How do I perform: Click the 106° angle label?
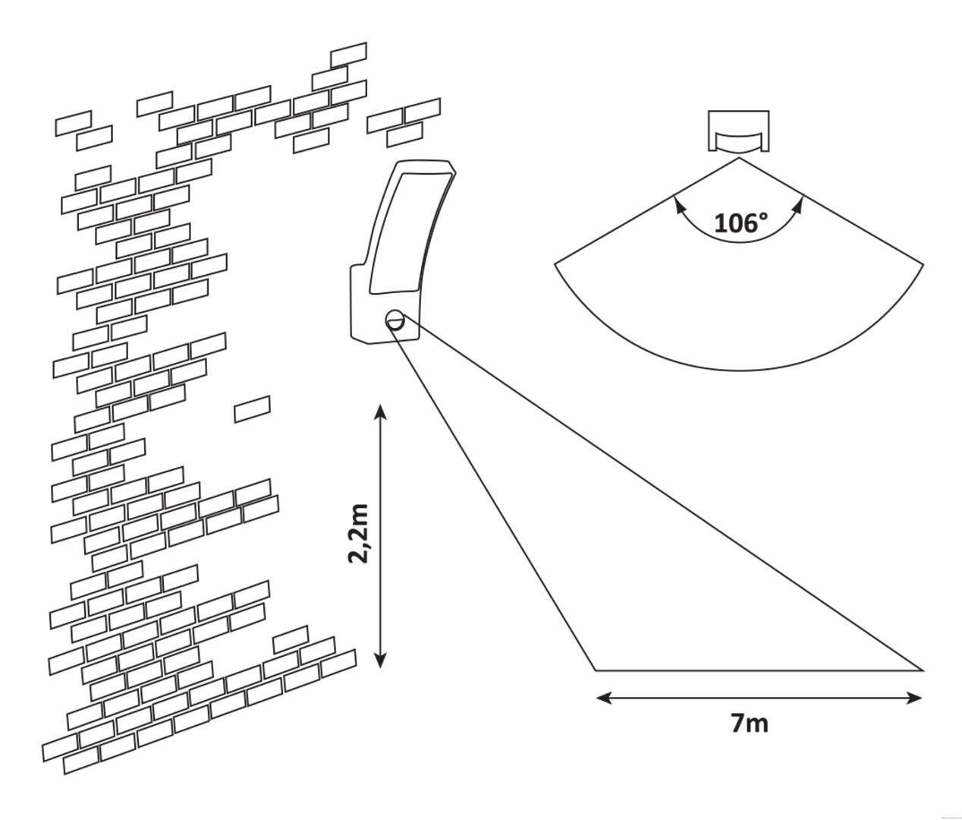pos(740,223)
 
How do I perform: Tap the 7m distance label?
pos(750,724)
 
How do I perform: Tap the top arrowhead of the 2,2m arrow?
pos(381,412)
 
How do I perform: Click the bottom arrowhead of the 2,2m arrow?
pos(381,660)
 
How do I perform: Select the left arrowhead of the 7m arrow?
pos(603,697)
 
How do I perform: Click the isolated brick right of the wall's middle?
pos(252,408)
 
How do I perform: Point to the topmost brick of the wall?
pos(349,55)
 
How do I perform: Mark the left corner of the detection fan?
pos(555,263)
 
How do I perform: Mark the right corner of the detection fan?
pos(923,263)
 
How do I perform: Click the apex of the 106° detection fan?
pos(739,158)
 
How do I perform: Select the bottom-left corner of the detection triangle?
pos(596,670)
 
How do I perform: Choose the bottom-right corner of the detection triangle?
pos(923,670)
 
